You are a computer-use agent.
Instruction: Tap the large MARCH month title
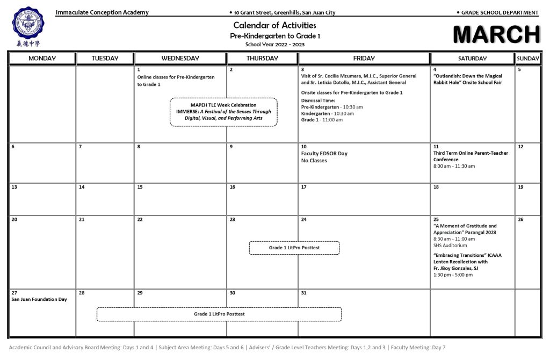coord(496,34)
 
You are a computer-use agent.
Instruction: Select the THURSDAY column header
coord(262,58)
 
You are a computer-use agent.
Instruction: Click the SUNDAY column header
coord(528,58)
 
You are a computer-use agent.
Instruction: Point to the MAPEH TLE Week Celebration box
coord(223,112)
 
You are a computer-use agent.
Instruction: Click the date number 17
coord(303,188)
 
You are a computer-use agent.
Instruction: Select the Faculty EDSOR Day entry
coord(324,154)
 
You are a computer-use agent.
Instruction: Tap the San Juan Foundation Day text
coord(39,299)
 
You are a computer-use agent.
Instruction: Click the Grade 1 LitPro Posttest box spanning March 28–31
coord(219,314)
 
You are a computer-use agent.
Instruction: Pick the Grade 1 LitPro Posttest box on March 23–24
coord(294,248)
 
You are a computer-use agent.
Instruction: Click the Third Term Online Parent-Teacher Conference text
coord(471,156)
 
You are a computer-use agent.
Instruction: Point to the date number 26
coord(520,220)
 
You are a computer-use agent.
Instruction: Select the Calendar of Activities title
coord(274,25)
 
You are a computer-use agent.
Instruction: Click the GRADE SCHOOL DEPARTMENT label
coord(500,12)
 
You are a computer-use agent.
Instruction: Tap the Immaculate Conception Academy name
coord(102,12)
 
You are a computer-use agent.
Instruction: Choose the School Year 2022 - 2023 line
coord(274,44)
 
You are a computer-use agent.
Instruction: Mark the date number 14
coord(82,188)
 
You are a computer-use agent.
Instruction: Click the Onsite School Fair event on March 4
coord(468,80)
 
